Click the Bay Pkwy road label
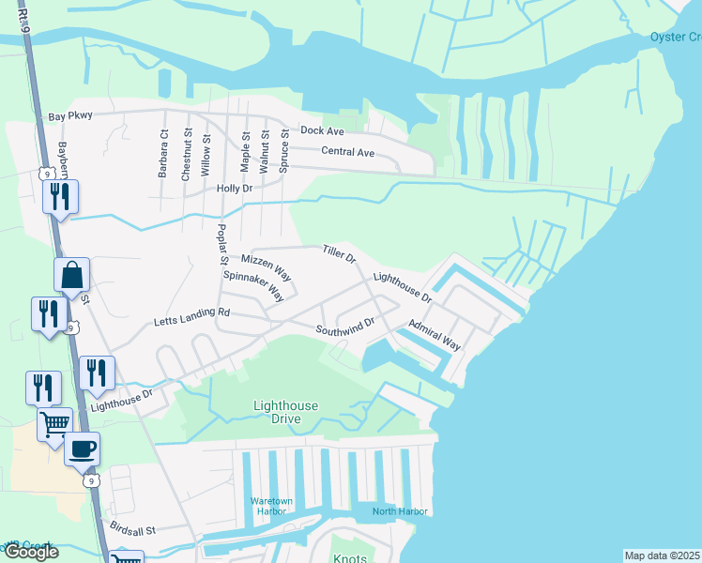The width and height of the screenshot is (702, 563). click(70, 118)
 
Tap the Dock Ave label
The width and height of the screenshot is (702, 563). click(323, 130)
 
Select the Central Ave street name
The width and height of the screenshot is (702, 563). click(347, 152)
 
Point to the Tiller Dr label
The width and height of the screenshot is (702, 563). click(339, 253)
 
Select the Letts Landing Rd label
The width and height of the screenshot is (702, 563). click(191, 317)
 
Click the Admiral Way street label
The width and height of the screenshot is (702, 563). click(434, 333)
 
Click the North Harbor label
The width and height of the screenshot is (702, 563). click(400, 511)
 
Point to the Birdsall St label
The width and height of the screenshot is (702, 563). click(130, 529)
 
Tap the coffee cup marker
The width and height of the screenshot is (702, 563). click(82, 449)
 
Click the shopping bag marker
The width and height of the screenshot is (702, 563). click(72, 275)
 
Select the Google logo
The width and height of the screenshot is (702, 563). click(30, 553)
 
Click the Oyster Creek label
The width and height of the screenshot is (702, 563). click(676, 38)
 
